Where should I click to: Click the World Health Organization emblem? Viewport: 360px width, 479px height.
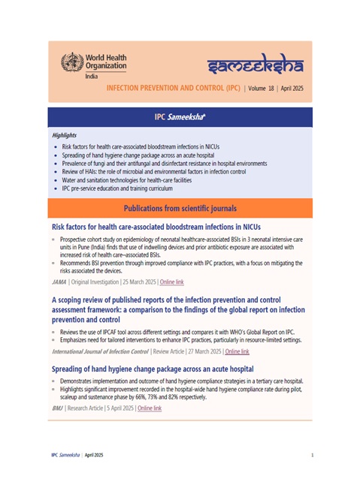pos(74,62)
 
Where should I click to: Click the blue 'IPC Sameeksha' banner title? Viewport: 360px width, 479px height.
pos(180,117)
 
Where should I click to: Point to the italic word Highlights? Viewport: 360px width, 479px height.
pos(65,135)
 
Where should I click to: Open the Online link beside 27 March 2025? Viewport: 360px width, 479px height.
pos(237,351)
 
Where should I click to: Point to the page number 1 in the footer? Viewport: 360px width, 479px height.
pos(311,456)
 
